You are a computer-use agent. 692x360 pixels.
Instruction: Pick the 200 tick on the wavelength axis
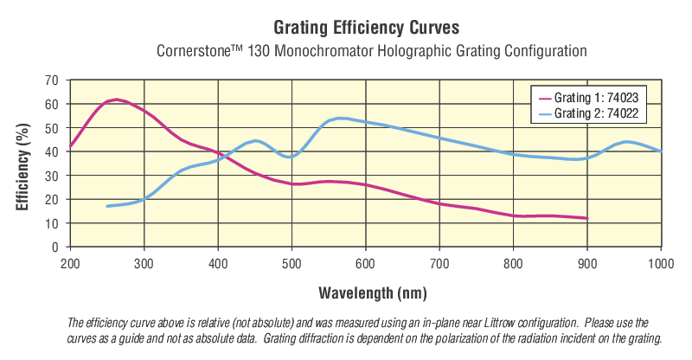[x=70, y=260]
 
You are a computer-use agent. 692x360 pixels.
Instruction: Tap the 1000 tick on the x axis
[x=661, y=260]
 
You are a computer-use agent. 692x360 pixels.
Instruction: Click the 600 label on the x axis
[x=366, y=260]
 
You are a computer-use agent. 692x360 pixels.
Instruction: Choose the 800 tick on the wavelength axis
[x=514, y=260]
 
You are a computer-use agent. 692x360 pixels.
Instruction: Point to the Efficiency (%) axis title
[x=23, y=164]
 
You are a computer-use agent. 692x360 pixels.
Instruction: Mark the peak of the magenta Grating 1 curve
[x=116, y=100]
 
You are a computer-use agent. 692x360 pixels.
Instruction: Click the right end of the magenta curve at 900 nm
[x=587, y=218]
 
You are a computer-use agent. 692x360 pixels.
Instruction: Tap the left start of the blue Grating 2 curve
[x=107, y=206]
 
